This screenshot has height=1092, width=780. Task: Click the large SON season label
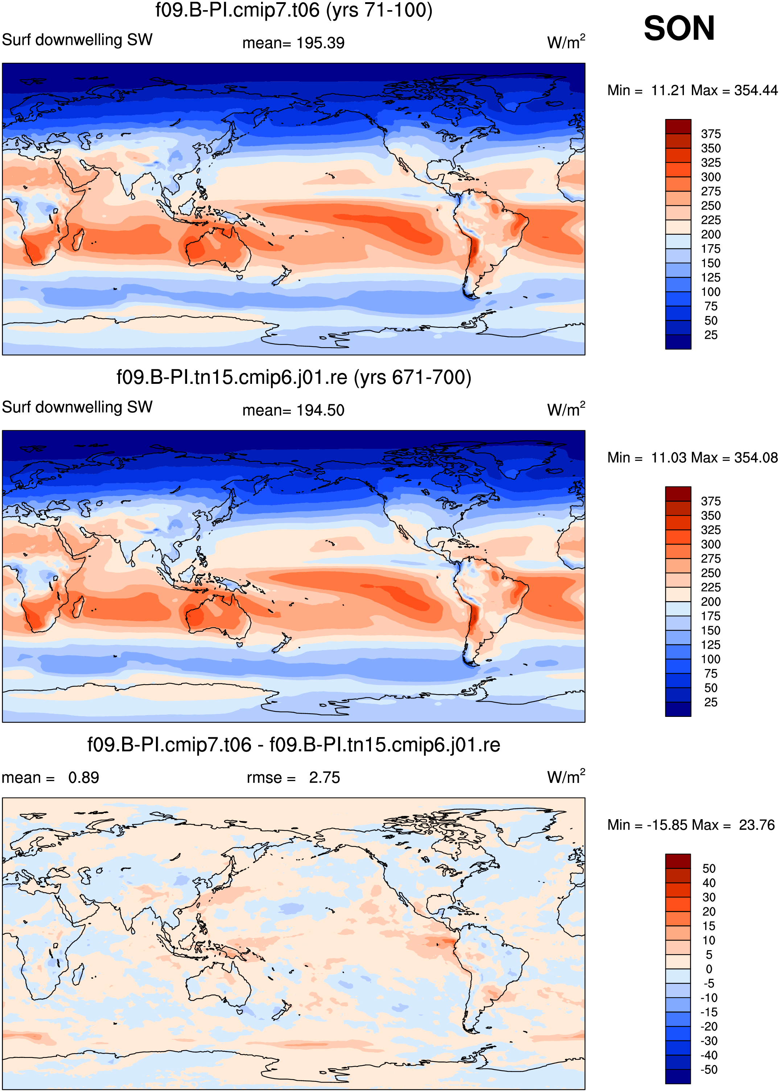tap(679, 28)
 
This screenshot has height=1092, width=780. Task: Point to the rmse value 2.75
tap(324, 777)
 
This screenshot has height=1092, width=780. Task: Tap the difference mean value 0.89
tap(83, 777)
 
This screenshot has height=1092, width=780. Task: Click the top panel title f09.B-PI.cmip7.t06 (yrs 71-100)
tap(294, 11)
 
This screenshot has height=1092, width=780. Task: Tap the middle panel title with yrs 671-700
tap(294, 378)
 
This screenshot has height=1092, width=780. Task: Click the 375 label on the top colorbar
tap(711, 134)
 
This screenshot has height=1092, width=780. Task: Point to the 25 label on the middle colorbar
tap(711, 702)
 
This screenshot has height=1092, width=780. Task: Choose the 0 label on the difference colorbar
tap(709, 969)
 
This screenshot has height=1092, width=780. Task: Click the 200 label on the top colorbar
tap(711, 234)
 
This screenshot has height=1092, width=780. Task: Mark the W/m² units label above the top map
tap(566, 42)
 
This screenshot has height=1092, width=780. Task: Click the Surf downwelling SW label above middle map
tap(77, 407)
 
